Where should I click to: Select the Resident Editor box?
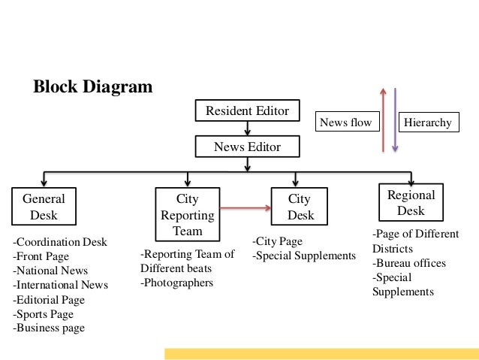(247, 110)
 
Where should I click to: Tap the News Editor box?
(247, 147)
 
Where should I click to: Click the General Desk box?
(43, 207)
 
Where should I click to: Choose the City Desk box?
(300, 207)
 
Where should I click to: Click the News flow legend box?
(345, 123)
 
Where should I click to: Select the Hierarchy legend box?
(427, 123)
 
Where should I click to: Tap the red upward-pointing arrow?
(383, 120)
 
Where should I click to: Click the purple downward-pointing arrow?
(395, 120)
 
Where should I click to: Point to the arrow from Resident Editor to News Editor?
(247, 128)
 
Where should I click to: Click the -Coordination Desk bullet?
(60, 242)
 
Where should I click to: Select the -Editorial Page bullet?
(49, 299)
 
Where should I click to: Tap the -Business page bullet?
(49, 328)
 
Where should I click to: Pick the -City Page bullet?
(276, 241)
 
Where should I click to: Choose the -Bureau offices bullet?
(408, 263)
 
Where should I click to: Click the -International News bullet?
(61, 285)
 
